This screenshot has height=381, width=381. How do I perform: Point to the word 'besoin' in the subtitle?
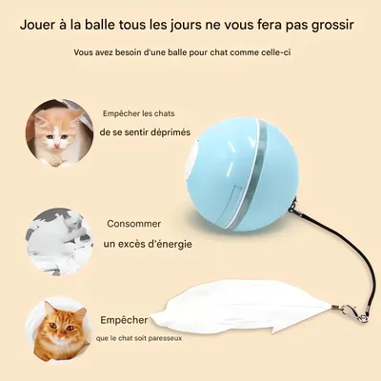coord(128,51)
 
